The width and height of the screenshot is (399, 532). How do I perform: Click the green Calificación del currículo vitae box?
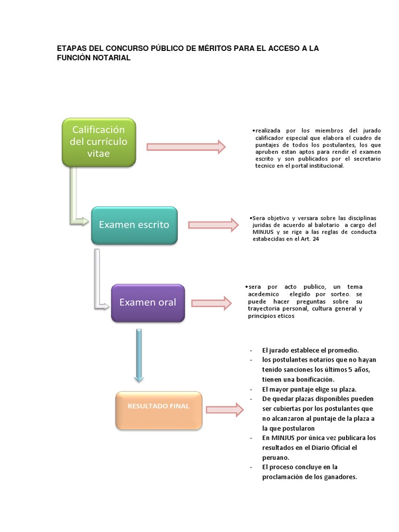point(99,142)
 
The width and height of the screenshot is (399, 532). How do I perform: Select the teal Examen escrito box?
point(135,225)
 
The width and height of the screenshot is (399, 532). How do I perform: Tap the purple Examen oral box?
point(148,303)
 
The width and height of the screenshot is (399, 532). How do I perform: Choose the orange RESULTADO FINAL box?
point(158,410)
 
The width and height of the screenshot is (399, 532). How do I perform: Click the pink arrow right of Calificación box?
point(186,147)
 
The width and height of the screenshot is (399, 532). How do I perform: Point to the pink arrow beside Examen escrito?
point(214,225)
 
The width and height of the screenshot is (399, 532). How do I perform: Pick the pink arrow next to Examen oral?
point(211,303)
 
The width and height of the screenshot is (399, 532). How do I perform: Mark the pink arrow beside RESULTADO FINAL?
point(224,410)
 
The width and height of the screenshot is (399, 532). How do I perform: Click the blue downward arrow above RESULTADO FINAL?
point(139,355)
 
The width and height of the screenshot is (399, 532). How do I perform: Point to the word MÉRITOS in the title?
point(215,48)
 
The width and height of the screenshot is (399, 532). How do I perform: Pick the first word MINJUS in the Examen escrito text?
point(263,232)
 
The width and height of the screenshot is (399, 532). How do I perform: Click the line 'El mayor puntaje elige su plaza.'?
point(309,390)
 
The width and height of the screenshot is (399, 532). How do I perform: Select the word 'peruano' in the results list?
point(275,458)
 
